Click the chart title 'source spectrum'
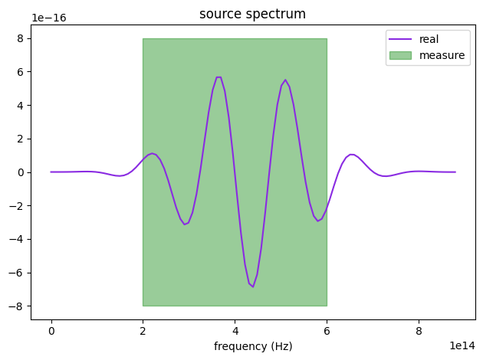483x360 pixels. coord(252,15)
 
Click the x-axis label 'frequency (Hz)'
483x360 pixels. coord(253,346)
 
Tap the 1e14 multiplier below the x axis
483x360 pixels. coord(460,346)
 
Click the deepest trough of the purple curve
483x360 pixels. coord(253,286)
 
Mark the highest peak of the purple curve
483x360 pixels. coord(219,77)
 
